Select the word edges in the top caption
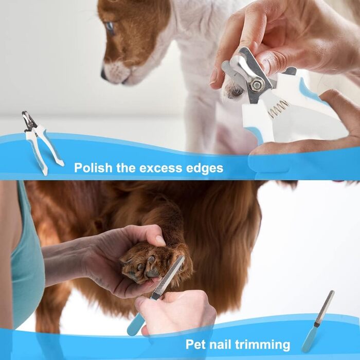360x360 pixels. [x=205, y=168]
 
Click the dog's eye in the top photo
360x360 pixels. [x=110, y=27]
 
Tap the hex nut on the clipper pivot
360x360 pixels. [x=256, y=85]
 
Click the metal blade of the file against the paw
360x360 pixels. [x=169, y=276]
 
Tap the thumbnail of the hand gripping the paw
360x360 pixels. [x=160, y=240]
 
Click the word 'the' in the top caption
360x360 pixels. [x=126, y=168]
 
